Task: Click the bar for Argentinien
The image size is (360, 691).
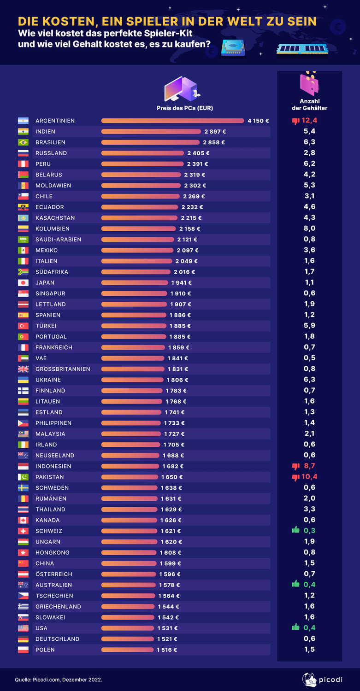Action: point(172,121)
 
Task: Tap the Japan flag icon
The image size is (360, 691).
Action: point(23,283)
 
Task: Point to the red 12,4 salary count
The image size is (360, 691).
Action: point(310,121)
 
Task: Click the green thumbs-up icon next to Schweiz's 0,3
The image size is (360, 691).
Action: point(295,531)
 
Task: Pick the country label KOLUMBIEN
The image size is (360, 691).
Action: point(52,229)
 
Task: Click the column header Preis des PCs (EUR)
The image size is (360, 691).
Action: point(184,108)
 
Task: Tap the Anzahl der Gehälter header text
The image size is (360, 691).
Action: point(309,105)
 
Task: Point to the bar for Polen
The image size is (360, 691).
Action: point(127,650)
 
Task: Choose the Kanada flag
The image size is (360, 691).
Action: point(23,520)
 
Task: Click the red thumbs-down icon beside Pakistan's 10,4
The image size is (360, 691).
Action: point(295,477)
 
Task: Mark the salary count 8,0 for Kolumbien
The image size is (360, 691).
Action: point(309,228)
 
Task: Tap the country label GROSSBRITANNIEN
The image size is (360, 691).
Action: point(63,369)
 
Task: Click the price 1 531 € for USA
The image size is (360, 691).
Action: point(167,628)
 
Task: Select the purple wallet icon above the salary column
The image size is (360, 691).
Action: point(309,84)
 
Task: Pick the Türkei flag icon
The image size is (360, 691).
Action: point(23,326)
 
